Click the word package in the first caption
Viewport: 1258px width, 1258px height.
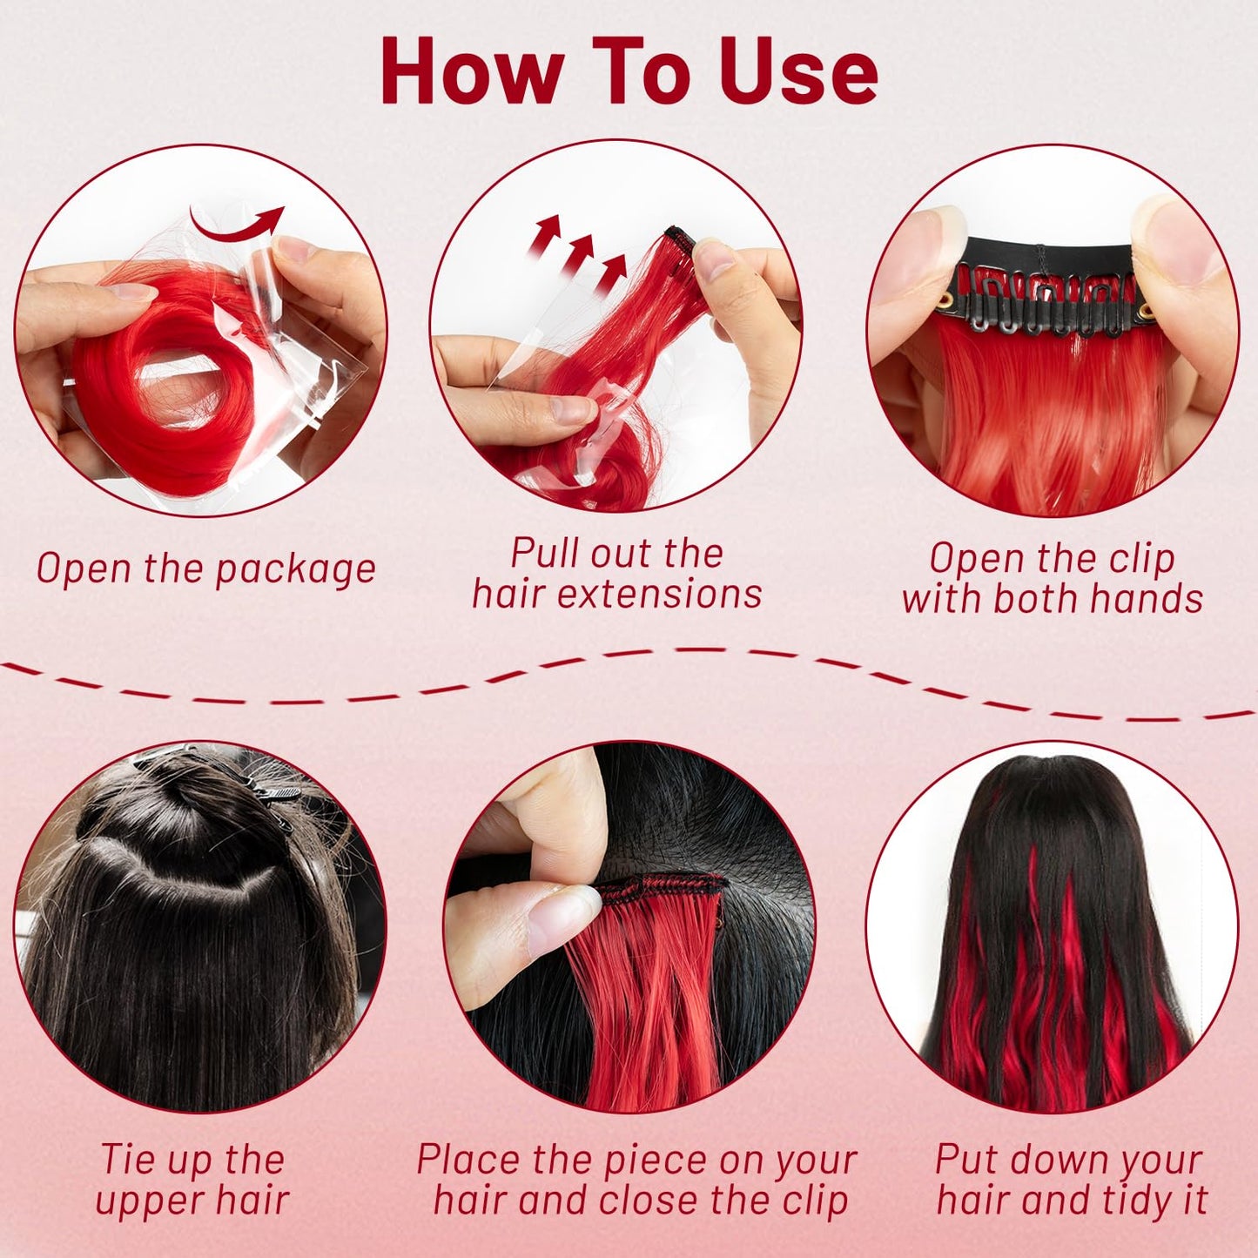295,570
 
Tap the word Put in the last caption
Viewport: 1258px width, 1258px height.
965,1160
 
